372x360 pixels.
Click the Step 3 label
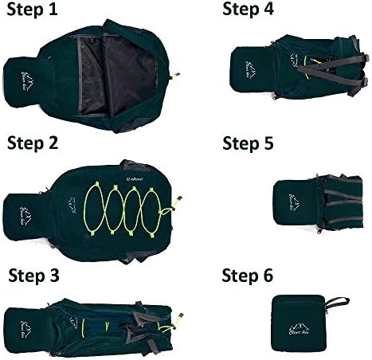click(x=34, y=276)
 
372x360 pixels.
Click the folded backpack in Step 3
click(x=96, y=323)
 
